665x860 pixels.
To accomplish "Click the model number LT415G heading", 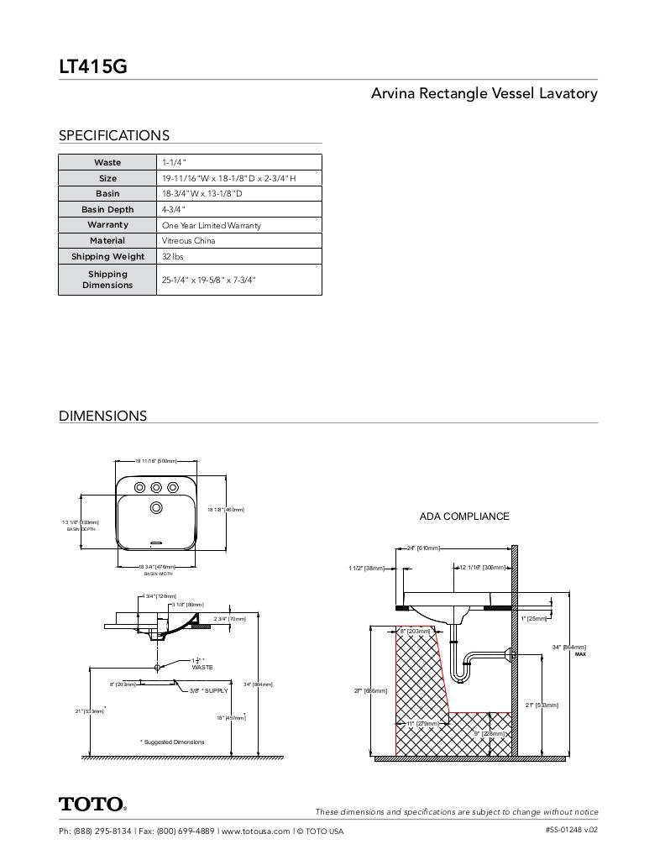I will click(x=92, y=66).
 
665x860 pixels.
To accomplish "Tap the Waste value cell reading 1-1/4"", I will click(x=175, y=162).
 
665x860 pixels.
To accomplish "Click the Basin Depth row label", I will click(x=107, y=209).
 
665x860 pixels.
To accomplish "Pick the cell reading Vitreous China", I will click(x=188, y=241).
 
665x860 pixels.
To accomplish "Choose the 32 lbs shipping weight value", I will click(x=172, y=257).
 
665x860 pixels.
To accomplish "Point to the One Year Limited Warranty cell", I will click(x=211, y=225).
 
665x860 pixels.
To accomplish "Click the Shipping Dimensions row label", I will click(x=107, y=280).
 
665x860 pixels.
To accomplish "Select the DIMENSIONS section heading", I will click(x=102, y=416).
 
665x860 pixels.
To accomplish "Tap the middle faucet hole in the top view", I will click(x=156, y=487).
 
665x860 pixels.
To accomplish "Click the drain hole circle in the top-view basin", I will click(x=156, y=507).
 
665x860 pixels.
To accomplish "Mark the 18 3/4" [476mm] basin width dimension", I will click(x=158, y=567).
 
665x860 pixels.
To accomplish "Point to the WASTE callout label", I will click(x=202, y=667).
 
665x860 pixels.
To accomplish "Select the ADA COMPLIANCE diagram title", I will click(x=463, y=517).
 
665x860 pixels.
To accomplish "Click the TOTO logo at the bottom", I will click(x=92, y=805).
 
